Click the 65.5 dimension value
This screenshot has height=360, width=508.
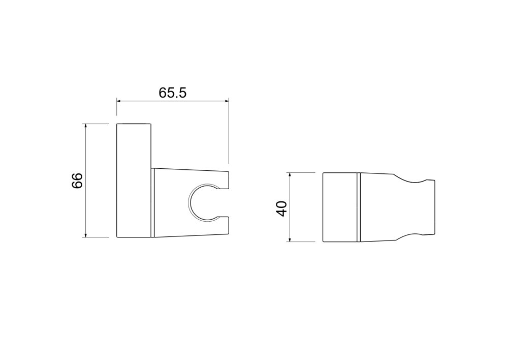[173, 93]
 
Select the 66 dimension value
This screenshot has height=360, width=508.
[77, 181]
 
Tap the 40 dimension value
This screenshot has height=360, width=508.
[281, 209]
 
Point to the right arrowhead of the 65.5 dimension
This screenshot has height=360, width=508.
[227, 102]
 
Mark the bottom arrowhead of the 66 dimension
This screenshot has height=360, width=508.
[86, 235]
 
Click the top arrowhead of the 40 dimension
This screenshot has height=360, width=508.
[290, 175]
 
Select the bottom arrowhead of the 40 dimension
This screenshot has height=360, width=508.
[290, 239]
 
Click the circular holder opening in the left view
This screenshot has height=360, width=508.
[188, 203]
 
